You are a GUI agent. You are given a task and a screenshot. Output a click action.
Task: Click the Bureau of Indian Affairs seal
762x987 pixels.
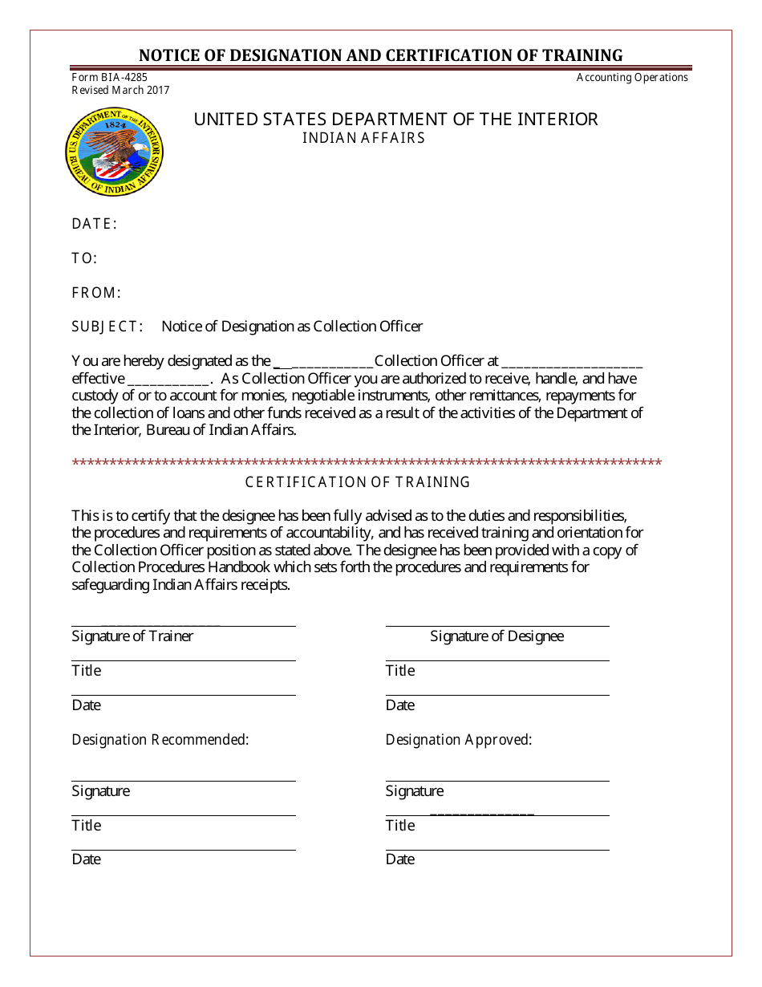115,152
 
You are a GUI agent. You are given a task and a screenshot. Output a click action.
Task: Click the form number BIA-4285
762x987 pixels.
110,78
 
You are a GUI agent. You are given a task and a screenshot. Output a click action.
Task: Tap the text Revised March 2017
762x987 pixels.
120,90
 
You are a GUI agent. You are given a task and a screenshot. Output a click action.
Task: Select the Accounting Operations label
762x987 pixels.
632,78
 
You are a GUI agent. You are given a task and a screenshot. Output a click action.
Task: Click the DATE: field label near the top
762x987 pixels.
95,224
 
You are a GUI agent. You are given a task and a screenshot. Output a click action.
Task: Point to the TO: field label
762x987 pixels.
84,258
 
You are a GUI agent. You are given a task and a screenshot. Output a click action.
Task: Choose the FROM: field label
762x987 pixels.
96,293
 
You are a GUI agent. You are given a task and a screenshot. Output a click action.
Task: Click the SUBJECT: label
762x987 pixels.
107,327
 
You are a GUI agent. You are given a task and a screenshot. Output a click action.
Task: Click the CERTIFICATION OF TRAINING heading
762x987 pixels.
357,482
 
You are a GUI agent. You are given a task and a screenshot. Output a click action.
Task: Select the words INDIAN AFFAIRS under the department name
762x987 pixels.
363,138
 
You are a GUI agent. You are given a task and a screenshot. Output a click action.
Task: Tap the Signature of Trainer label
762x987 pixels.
132,636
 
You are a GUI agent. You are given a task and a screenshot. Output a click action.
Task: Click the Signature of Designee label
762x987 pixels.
497,636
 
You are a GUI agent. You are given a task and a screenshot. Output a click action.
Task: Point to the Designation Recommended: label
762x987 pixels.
160,740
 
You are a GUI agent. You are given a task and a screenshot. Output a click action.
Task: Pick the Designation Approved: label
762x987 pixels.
459,740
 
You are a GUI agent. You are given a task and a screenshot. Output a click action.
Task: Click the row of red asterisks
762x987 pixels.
367,463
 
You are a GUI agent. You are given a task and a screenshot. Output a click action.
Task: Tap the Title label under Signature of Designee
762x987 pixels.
400,671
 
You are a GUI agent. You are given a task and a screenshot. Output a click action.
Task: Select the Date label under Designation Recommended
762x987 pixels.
87,859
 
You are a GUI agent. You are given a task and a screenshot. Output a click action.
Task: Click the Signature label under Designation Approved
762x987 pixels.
415,791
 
